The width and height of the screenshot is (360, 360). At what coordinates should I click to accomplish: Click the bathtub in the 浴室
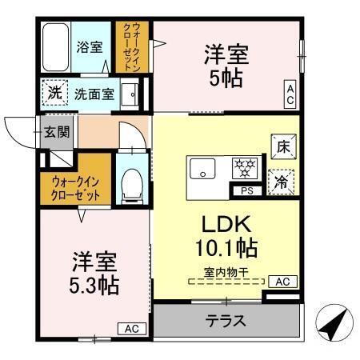pos(54,47)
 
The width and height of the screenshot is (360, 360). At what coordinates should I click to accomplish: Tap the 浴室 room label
pos(90,47)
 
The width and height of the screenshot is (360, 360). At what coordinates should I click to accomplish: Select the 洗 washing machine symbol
pos(54,94)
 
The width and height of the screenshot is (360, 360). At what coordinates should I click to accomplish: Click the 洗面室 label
pos(94,94)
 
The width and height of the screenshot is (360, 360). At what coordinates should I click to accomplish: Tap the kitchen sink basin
pos(201,170)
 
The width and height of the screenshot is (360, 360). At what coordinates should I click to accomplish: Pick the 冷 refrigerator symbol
pos(280,181)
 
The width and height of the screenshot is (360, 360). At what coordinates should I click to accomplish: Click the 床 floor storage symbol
pos(282,146)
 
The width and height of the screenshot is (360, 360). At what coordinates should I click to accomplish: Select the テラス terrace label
pos(225,322)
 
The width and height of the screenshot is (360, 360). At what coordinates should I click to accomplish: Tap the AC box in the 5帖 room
pos(290,93)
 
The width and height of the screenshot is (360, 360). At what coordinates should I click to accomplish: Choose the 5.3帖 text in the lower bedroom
pos(94,284)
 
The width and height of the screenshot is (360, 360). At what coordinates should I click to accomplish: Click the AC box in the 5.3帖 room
pos(131,328)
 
